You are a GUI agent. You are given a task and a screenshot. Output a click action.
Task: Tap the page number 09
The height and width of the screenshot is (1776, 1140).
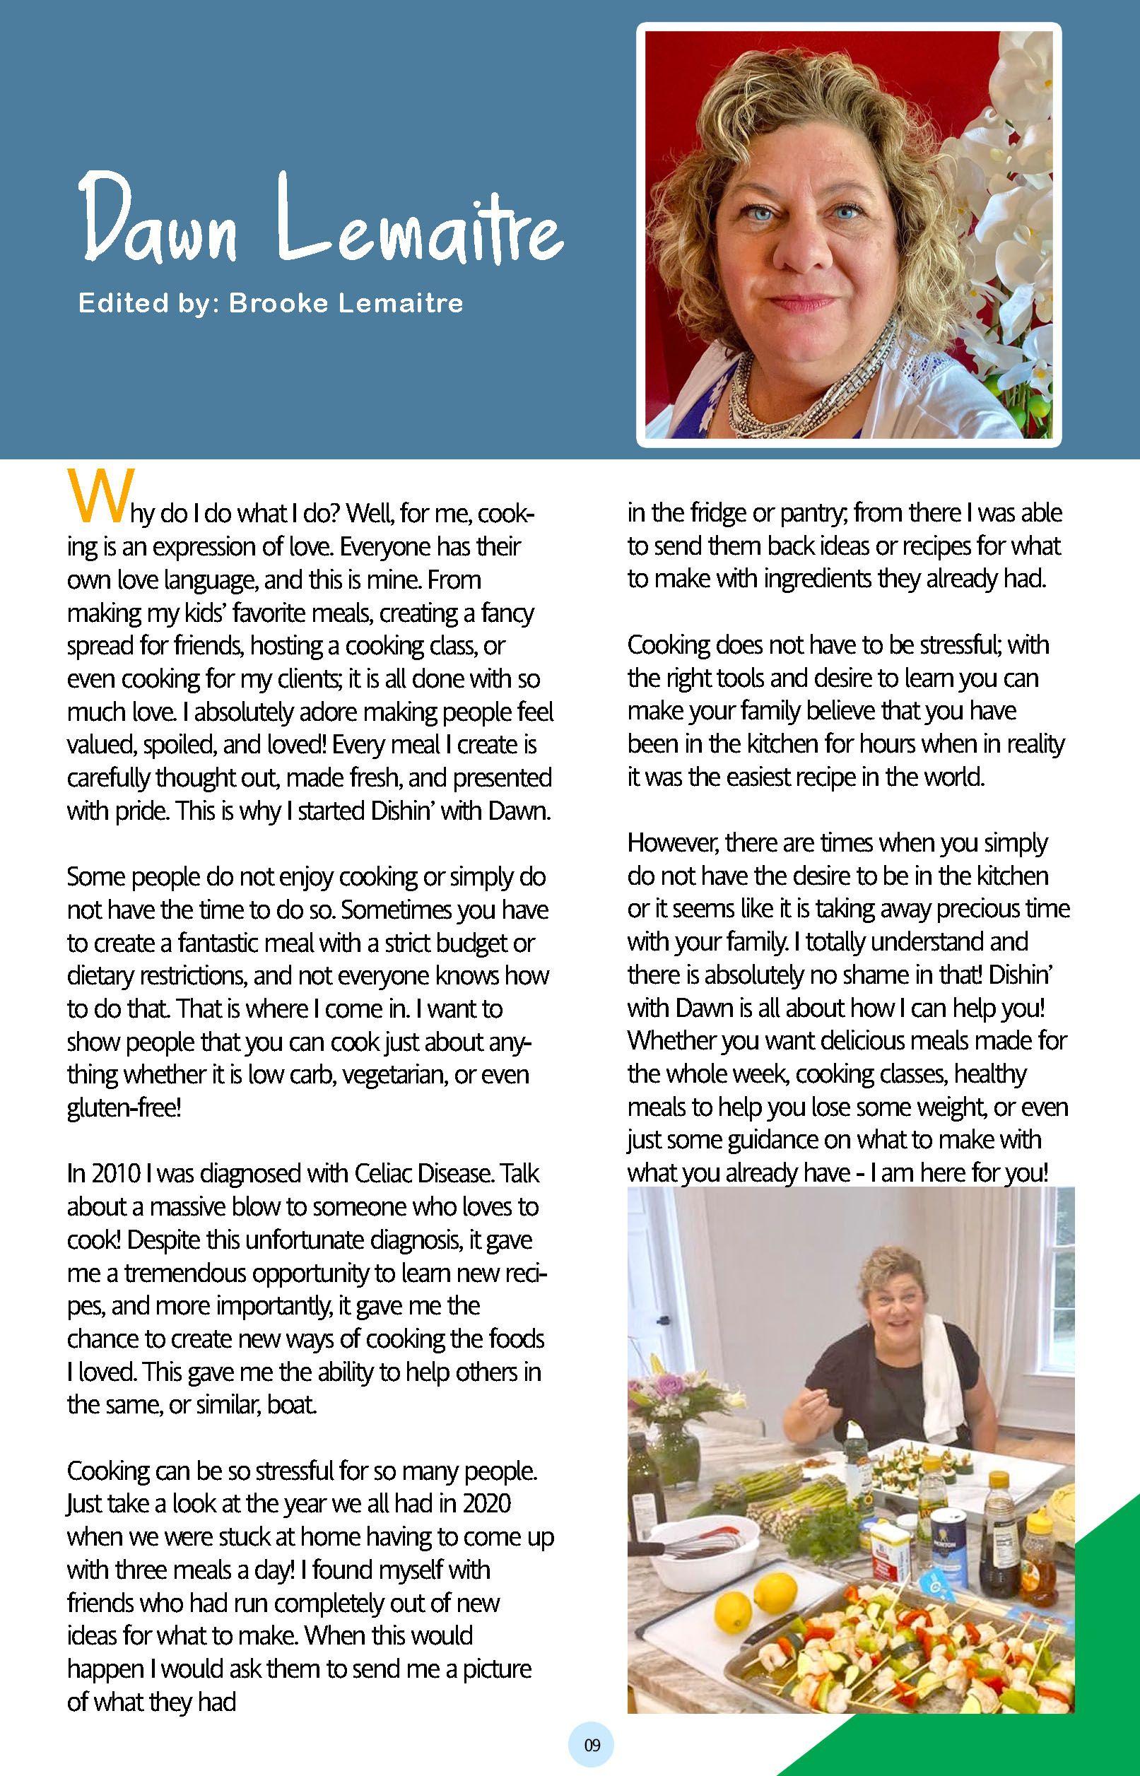[592, 1745]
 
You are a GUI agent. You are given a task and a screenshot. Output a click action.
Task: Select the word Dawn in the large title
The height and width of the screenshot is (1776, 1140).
[158, 218]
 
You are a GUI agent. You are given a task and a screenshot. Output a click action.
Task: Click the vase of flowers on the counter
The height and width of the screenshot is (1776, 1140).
[670, 1432]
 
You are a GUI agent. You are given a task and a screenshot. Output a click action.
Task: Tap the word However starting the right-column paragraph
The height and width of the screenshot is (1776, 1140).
[674, 843]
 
